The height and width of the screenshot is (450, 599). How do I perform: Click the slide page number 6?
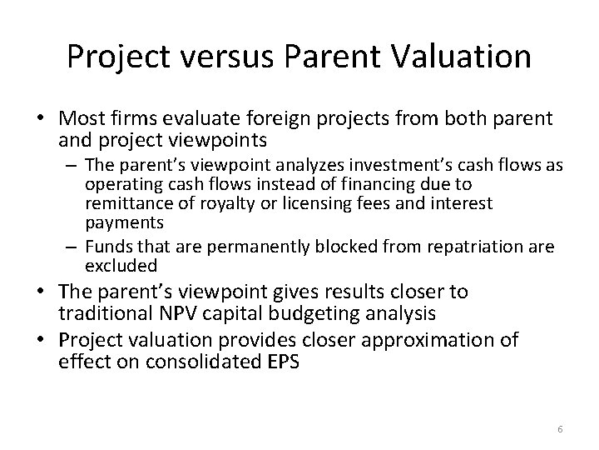pos(560,427)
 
